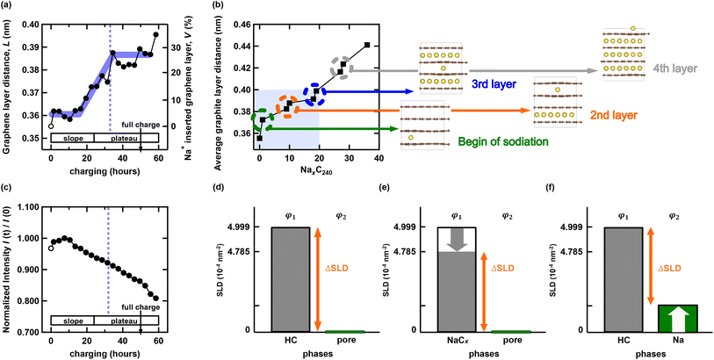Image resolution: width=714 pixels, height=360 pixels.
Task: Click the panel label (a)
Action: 10,9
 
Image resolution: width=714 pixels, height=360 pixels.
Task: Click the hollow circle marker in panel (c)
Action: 51,248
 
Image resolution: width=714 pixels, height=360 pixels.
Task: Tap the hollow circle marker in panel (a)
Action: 51,126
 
